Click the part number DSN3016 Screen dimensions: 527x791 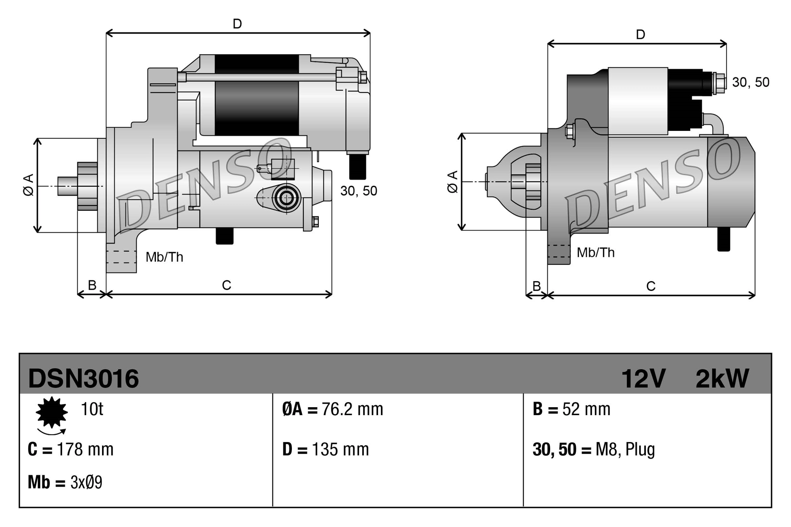(x=83, y=378)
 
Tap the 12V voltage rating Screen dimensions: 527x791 (x=643, y=378)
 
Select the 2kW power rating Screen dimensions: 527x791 (x=722, y=378)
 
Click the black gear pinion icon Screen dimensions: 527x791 (x=51, y=412)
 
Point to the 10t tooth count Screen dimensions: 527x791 (x=92, y=409)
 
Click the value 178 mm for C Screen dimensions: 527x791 (x=85, y=450)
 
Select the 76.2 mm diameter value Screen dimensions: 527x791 (x=352, y=409)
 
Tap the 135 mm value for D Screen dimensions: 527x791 (x=340, y=450)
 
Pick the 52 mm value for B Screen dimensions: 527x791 (x=586, y=409)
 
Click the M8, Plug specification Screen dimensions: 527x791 (x=625, y=450)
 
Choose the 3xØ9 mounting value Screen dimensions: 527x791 (x=86, y=482)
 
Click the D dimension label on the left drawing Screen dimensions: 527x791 (x=237, y=24)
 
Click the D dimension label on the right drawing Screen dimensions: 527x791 (x=640, y=35)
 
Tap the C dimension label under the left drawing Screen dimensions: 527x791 (x=226, y=285)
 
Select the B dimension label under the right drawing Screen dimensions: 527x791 (x=536, y=286)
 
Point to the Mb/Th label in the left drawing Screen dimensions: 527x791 (x=164, y=257)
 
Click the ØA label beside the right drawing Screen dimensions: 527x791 (x=452, y=182)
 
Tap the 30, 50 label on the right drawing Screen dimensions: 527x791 (x=750, y=82)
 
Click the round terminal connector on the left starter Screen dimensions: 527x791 (x=286, y=198)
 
